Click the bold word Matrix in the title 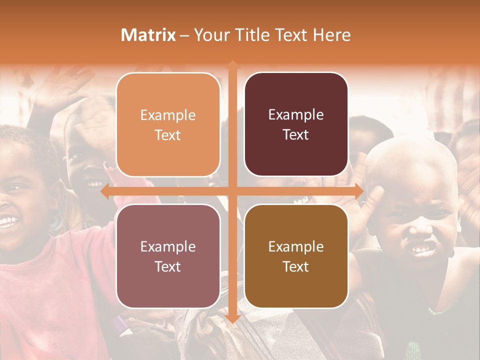[x=148, y=35]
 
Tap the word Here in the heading [x=332, y=35]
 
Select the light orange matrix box [x=168, y=124]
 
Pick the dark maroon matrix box [x=296, y=124]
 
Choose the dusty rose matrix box [x=168, y=256]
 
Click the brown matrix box [x=296, y=256]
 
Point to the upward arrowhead [x=232, y=64]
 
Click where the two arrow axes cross [x=232, y=191]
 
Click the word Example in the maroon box [x=296, y=115]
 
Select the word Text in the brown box [x=296, y=266]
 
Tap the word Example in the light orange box [x=168, y=115]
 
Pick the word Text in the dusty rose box [x=168, y=266]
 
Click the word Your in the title [x=210, y=35]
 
